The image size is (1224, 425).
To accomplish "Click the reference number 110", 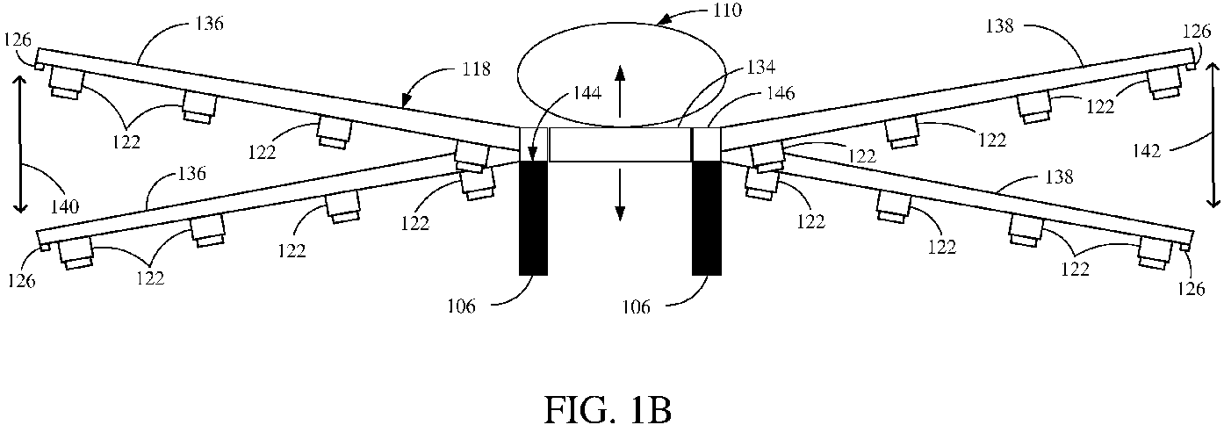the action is [727, 11].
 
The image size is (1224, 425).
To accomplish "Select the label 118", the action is [476, 69].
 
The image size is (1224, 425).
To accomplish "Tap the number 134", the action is [760, 68].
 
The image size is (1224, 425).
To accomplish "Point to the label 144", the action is [587, 93].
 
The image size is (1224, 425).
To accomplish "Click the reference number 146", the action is [781, 93].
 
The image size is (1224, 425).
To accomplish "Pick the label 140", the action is [64, 206].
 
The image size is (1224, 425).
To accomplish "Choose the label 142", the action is [1147, 150].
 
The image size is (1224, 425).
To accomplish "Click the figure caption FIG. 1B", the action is [608, 407].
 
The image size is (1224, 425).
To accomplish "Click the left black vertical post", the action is [533, 218].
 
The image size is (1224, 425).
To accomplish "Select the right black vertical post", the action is [707, 218].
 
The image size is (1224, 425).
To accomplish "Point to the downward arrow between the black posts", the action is [620, 194].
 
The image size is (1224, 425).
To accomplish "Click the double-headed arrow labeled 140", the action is [19, 144].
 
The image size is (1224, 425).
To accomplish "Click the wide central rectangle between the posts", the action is [620, 144].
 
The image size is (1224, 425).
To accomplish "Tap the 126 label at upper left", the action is [17, 40].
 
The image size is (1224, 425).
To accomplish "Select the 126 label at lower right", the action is [1192, 288].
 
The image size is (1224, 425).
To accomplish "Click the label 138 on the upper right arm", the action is [999, 25].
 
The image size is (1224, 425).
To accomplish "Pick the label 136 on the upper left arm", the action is [209, 24].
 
